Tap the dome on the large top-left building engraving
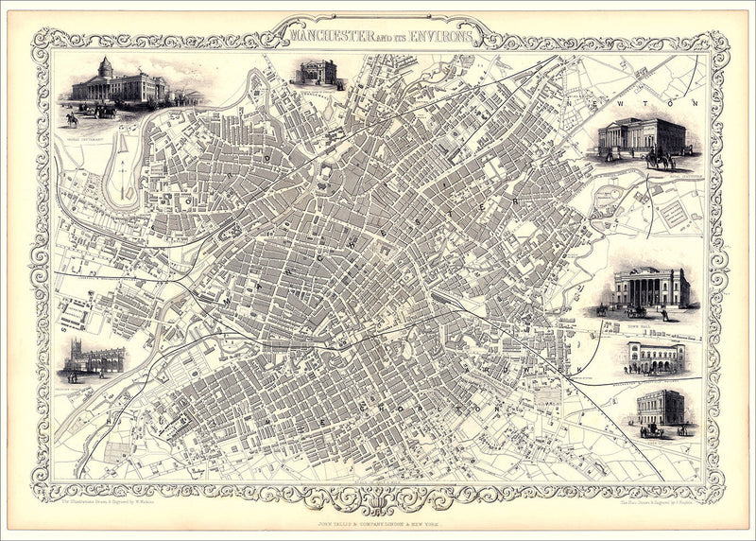point(106,67)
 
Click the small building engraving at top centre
point(318,72)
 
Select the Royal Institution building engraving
point(643,137)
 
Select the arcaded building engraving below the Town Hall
point(657,358)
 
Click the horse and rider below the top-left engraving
point(72,120)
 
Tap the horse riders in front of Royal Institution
point(659,160)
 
